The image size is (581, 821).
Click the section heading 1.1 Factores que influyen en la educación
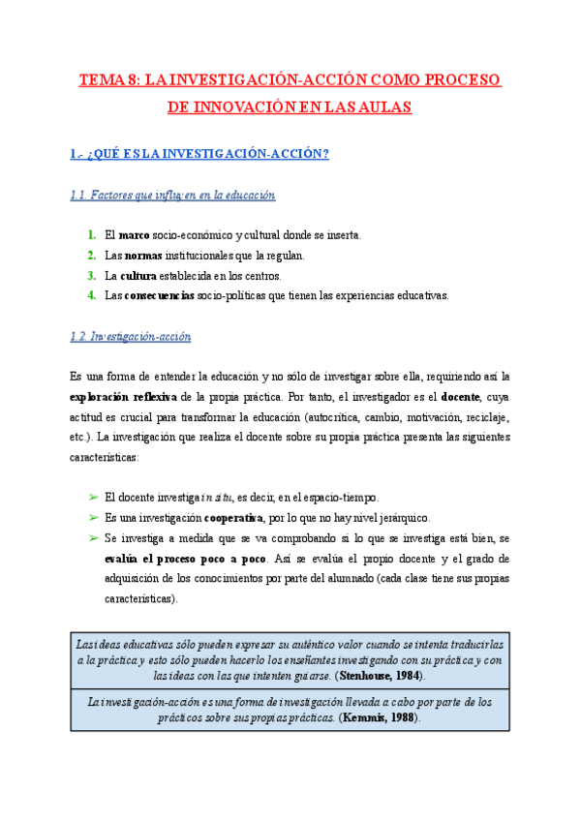coord(173,196)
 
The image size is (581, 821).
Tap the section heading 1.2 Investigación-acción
coord(131,337)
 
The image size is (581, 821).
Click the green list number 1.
coord(90,235)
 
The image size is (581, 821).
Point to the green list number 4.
coord(90,296)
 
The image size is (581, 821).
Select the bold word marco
coord(134,235)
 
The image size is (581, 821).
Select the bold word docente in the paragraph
coord(461,396)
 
